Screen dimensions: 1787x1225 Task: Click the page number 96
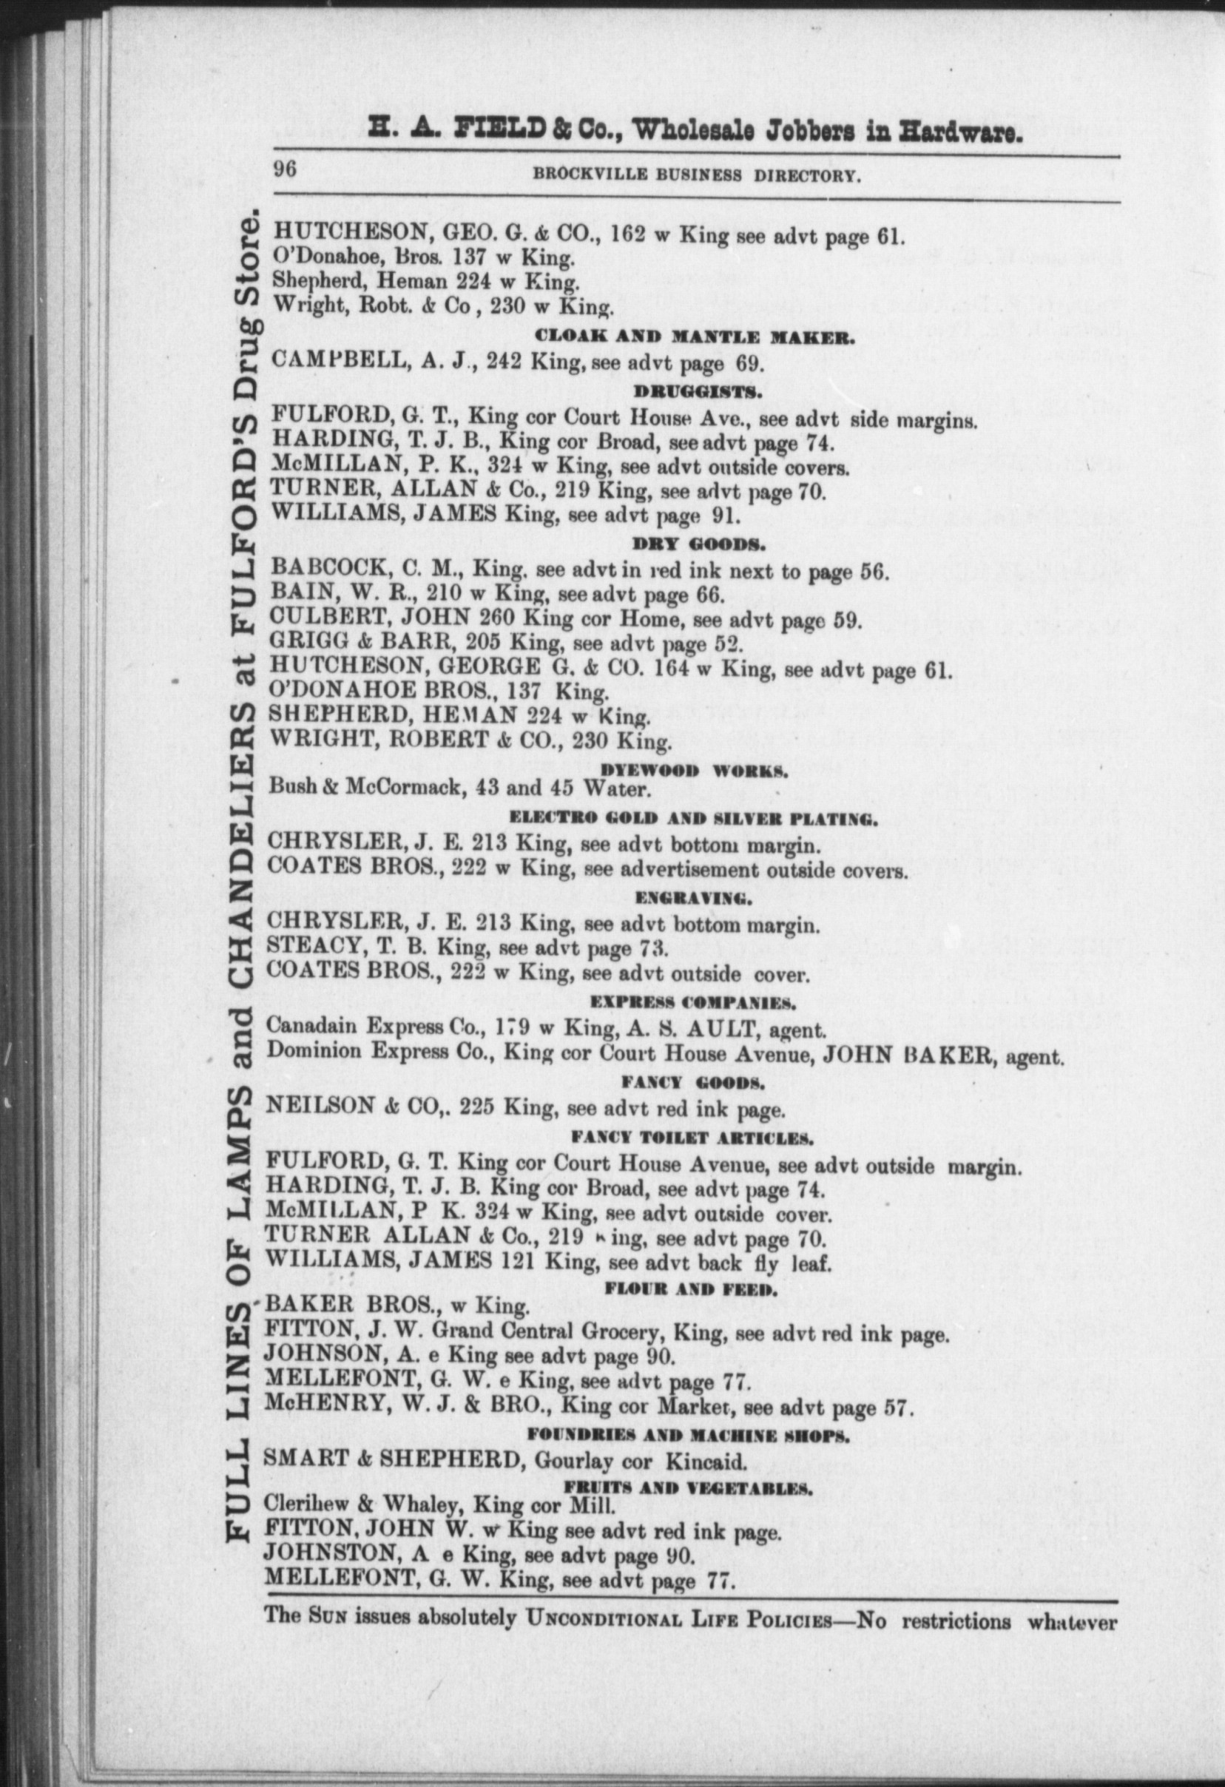[286, 170]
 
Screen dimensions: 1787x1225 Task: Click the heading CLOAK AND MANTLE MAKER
[695, 336]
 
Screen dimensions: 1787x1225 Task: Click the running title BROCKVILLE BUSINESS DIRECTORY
[695, 176]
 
